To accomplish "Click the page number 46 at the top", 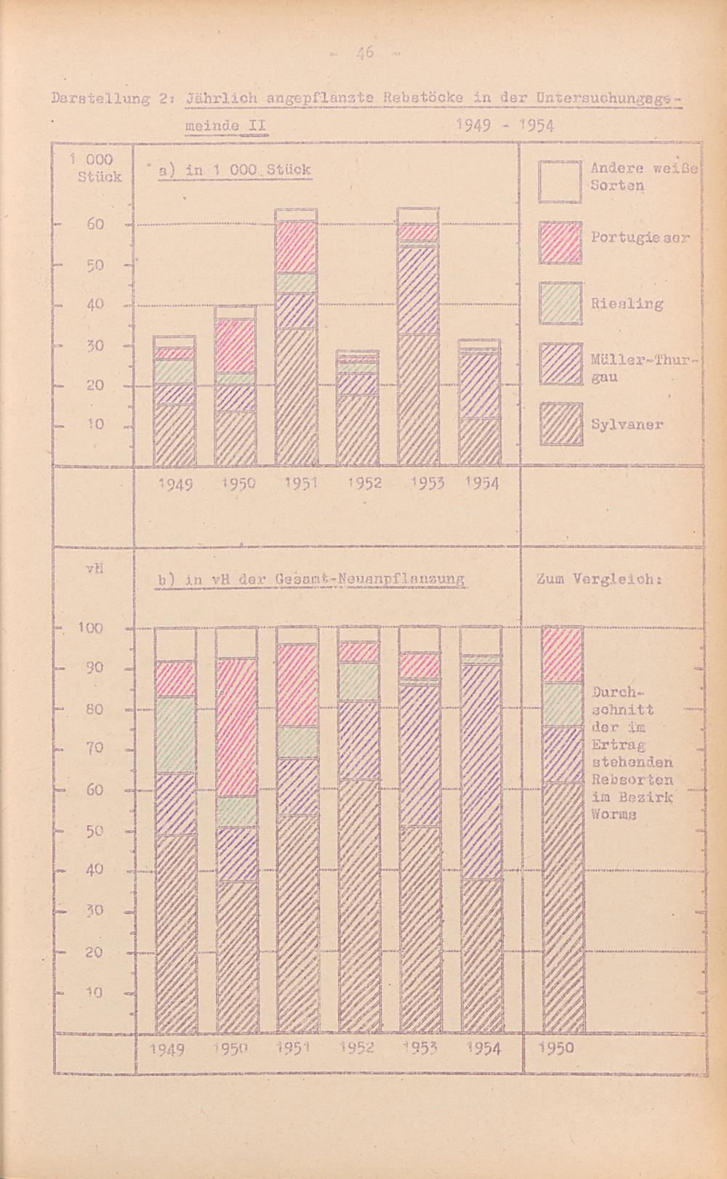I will [x=364, y=52].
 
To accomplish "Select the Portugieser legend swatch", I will [x=561, y=242].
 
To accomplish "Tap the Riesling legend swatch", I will [x=561, y=303].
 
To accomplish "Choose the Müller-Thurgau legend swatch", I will [x=561, y=363].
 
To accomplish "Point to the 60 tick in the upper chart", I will [x=95, y=224].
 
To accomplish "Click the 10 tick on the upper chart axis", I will [x=95, y=424].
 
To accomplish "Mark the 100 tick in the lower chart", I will [x=91, y=628].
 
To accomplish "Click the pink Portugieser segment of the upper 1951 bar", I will [x=296, y=247].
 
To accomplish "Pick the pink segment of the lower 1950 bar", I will [x=236, y=727].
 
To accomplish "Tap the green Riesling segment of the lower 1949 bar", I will [x=175, y=734].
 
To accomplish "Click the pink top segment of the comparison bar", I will [x=563, y=655].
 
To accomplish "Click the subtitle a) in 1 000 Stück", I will [x=234, y=170].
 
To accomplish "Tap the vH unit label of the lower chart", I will [x=92, y=569].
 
